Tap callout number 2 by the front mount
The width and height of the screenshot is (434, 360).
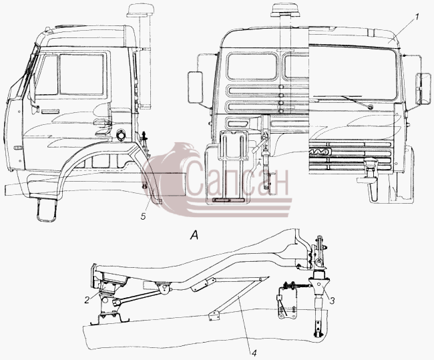coord(87,300)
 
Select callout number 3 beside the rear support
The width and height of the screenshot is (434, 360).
coord(332,300)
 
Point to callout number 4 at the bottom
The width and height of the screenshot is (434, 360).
coord(254,353)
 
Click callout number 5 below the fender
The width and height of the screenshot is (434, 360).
coord(143,216)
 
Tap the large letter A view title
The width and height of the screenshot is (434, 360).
coord(194,235)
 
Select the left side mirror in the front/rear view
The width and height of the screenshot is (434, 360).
coord(196,87)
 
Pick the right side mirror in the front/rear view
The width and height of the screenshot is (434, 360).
coord(423,89)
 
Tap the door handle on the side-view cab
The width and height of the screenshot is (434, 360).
coord(50,112)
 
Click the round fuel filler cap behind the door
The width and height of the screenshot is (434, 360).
coord(121,135)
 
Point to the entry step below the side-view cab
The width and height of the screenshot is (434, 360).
coord(47,210)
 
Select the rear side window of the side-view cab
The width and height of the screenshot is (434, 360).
coord(82,74)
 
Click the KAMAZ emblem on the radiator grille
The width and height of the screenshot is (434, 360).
coord(320,152)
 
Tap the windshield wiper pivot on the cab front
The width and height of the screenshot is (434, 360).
coord(370,107)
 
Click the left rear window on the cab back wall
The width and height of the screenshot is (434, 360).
coord(252,67)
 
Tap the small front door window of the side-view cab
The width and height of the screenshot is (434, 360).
coord(47,74)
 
